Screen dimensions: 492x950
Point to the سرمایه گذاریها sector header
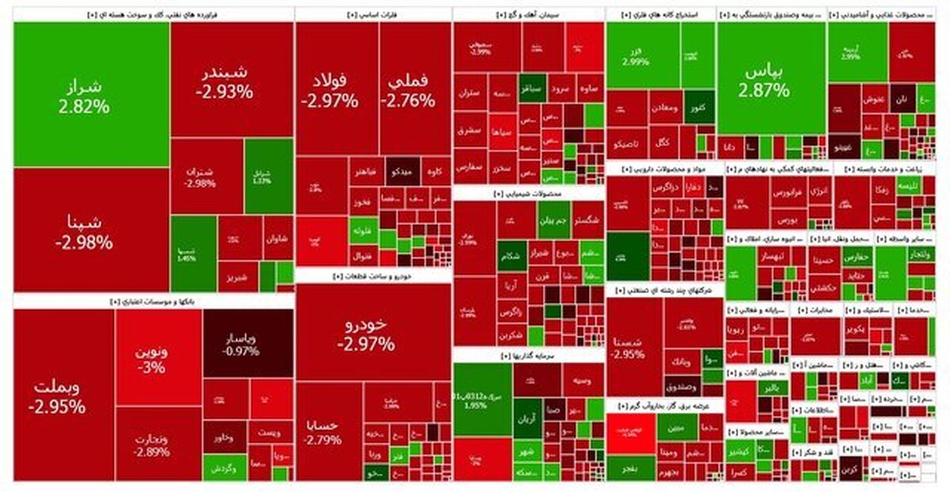(x=528, y=357)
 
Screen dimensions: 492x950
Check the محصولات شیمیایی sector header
(x=528, y=193)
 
